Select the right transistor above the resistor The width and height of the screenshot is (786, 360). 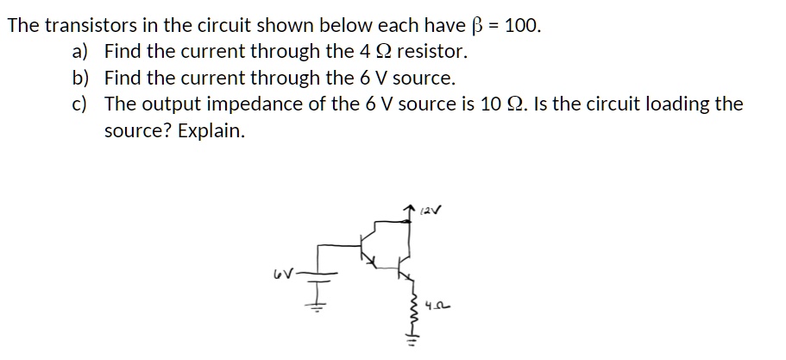[404, 262]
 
